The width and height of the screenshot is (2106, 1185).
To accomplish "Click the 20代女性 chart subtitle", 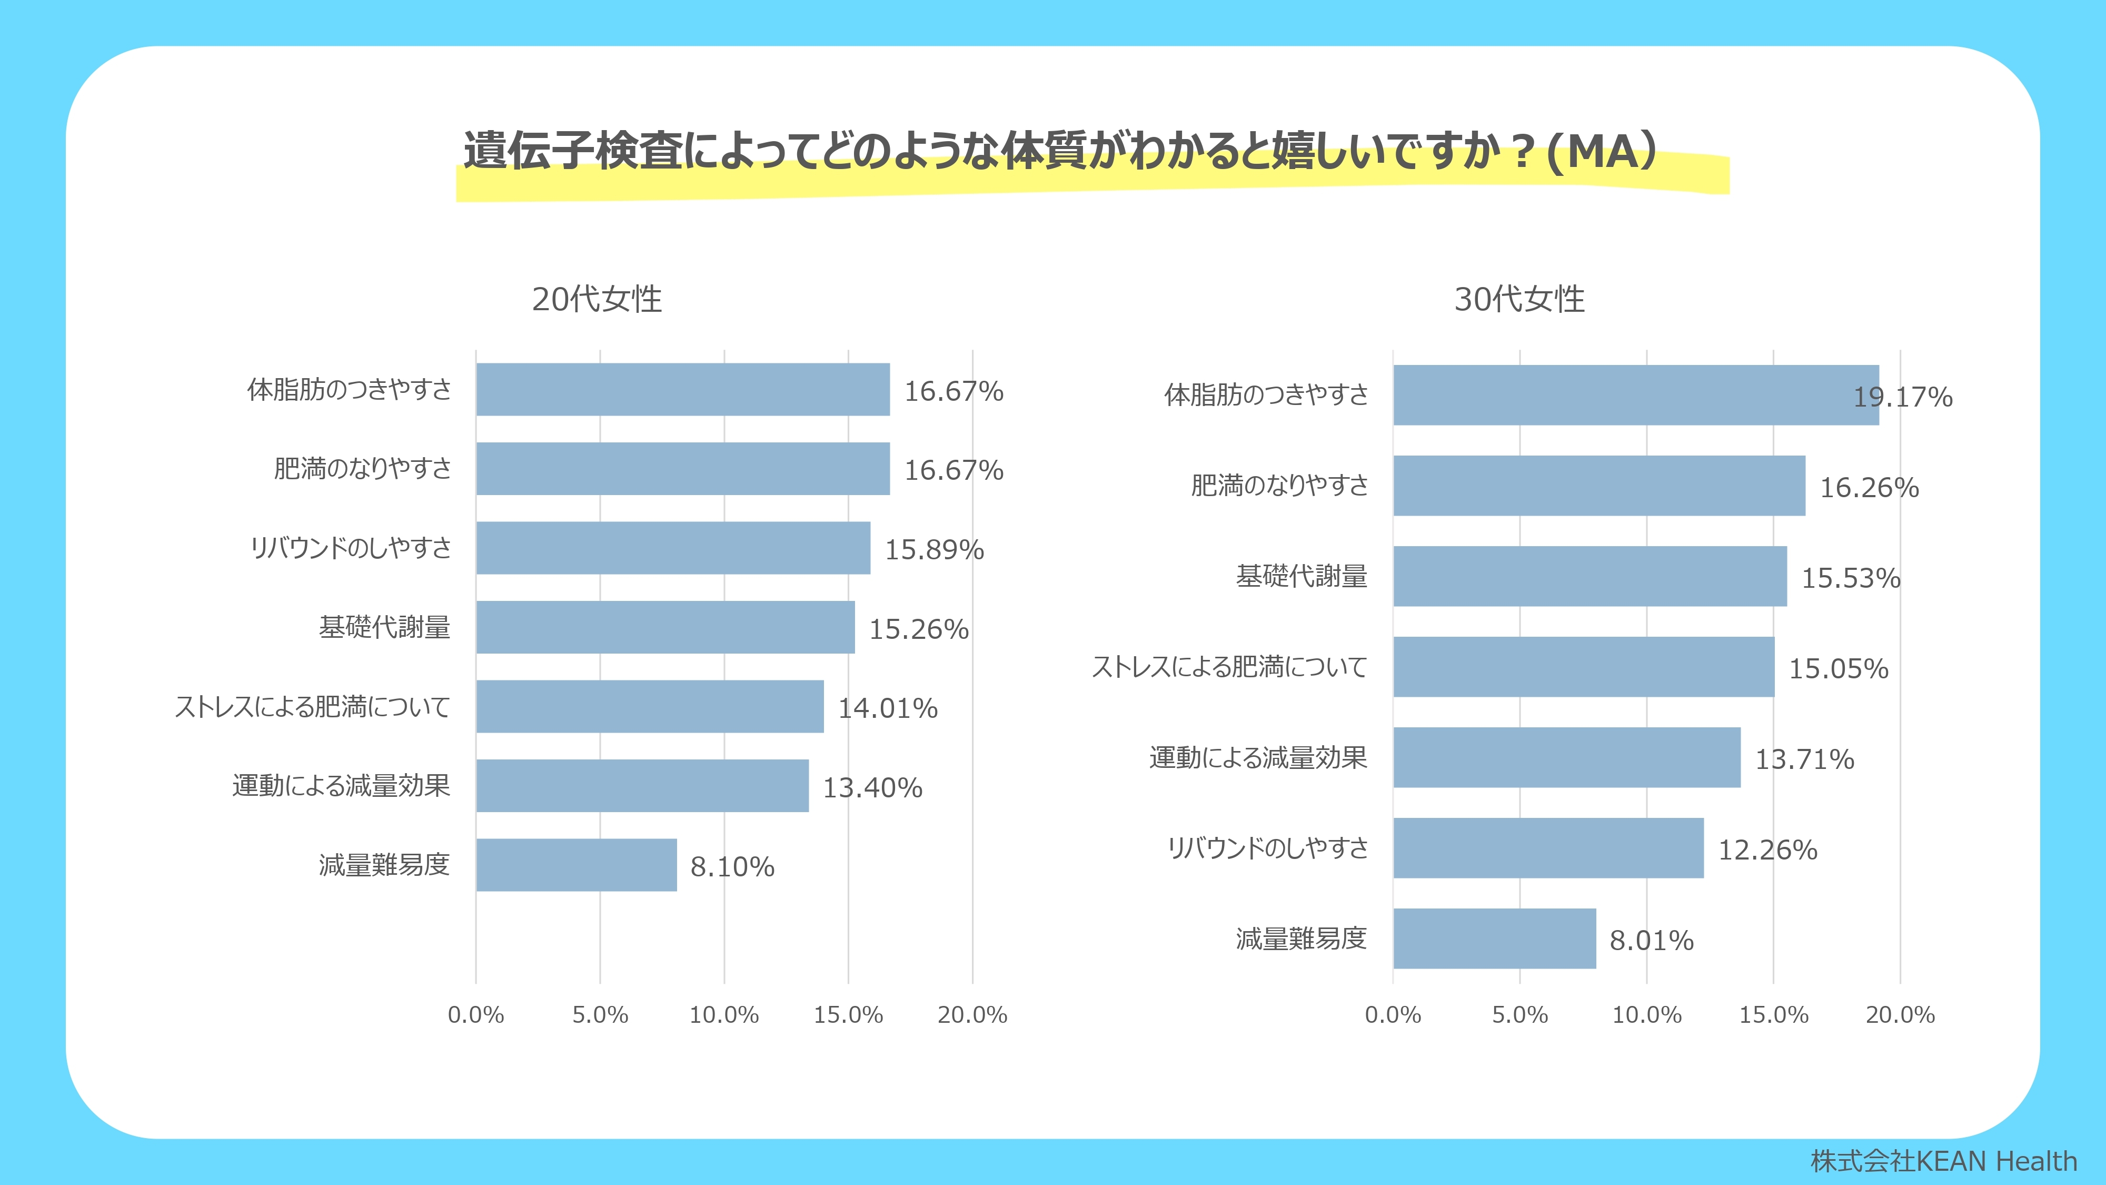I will coord(597,299).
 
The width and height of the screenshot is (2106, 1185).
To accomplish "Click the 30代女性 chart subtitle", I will coord(1519,299).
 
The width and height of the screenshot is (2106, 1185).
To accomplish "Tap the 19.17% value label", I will coord(1902,398).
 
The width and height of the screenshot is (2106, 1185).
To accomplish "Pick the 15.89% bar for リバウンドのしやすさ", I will coord(673,548).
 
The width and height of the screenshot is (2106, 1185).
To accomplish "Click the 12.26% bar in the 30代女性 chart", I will coord(1548,848).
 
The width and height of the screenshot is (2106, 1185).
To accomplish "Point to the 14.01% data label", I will coord(888,708).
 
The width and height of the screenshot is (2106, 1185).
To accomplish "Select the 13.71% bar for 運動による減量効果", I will coord(1566,757).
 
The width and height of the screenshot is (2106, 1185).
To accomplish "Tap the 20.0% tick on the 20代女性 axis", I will coord(972,1015).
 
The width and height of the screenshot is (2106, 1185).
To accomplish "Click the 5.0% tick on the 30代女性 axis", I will coord(1520,1015).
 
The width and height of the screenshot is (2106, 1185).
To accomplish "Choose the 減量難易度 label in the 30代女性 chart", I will coord(1300,939).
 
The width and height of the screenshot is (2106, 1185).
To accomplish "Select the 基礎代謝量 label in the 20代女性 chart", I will coord(384,627).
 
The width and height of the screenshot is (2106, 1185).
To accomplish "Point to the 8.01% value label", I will coord(1652,941).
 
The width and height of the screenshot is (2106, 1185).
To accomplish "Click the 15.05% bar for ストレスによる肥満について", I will coord(1584,667).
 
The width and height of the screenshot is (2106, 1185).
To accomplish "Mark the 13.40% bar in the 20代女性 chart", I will coord(642,785).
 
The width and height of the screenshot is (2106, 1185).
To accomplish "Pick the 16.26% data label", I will coord(1869,487).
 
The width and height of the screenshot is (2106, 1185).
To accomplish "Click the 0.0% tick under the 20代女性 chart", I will coord(476,1015).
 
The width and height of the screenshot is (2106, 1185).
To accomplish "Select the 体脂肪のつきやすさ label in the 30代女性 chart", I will coord(1266,395).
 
